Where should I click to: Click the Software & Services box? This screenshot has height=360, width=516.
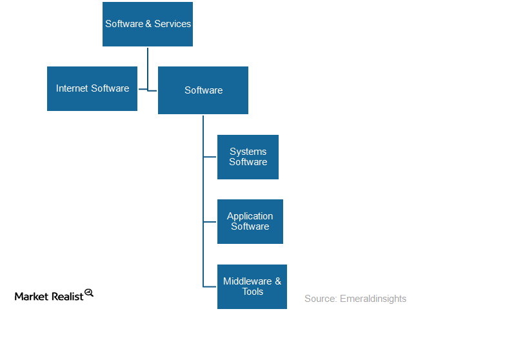[148, 24]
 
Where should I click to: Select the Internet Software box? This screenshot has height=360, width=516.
[92, 88]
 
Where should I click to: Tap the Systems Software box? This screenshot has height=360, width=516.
[248, 157]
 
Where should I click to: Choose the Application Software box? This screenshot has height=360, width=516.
[250, 221]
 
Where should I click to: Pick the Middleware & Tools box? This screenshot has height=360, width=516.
[252, 286]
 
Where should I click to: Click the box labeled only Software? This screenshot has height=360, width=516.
[203, 90]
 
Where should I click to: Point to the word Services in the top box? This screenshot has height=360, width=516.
[173, 24]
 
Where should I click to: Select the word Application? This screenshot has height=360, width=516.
[250, 216]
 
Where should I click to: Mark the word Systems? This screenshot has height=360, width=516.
[248, 152]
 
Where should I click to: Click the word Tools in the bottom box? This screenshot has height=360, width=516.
[252, 292]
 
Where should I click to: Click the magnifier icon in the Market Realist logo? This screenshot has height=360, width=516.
[89, 293]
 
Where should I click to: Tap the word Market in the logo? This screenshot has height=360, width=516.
[31, 296]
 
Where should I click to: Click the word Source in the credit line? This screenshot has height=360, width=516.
[319, 299]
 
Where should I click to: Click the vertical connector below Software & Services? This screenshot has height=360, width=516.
[148, 68]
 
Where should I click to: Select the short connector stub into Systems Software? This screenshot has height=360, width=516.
[210, 157]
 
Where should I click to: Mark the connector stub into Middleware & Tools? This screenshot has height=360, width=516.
[210, 286]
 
